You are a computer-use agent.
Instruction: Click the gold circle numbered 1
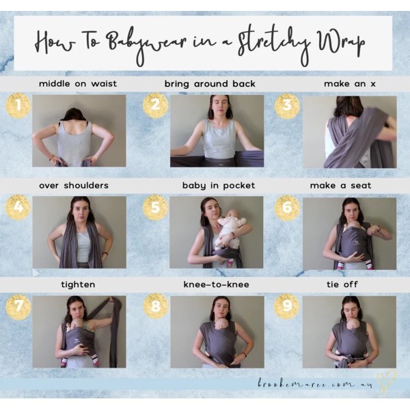(x=18, y=106)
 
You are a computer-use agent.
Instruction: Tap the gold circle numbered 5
(x=155, y=207)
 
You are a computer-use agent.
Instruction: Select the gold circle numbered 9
(x=287, y=306)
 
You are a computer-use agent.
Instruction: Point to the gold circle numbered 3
(x=288, y=106)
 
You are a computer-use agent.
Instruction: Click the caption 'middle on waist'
(x=78, y=84)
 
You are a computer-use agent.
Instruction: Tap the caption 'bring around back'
(x=210, y=84)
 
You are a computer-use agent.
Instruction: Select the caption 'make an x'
(x=350, y=84)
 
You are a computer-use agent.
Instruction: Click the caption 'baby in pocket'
(x=219, y=186)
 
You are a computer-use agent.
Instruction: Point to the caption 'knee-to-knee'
(x=216, y=284)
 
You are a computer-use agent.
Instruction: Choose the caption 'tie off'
(x=342, y=284)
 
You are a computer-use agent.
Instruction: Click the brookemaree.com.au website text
(x=315, y=384)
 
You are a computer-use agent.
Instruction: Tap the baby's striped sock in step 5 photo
(x=230, y=262)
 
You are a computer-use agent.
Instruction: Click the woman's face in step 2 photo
(x=221, y=105)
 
